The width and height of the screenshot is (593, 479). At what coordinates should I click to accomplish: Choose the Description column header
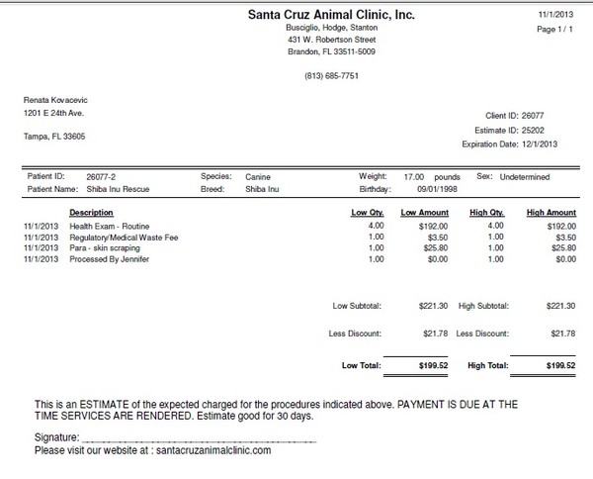point(95,212)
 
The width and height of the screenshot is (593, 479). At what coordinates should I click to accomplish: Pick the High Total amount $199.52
point(558,364)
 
